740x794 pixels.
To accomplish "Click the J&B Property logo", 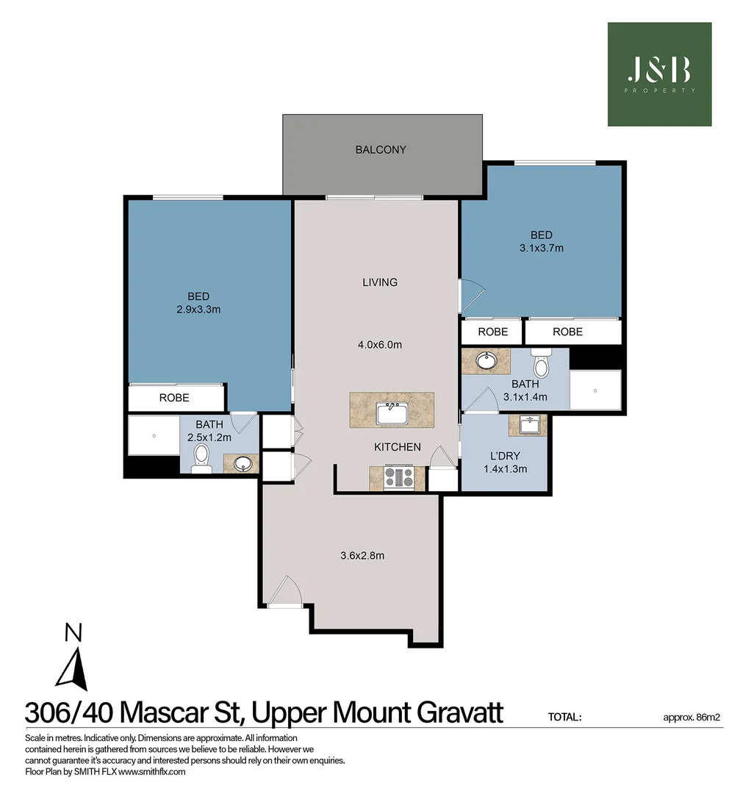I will tap(659, 74).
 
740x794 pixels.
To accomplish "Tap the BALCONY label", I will tap(381, 149).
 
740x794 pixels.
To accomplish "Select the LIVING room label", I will tap(380, 282).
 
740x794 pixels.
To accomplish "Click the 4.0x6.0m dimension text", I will tap(380, 345).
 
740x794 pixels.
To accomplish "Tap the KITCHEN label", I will tap(398, 446).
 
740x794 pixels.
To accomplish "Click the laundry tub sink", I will tap(528, 426).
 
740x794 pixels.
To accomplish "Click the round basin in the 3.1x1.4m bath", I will tap(485, 361).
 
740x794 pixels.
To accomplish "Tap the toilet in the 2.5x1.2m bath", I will tap(201, 459).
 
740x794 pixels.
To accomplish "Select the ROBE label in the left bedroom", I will tap(174, 398).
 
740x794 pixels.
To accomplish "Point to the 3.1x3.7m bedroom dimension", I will tap(541, 248).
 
